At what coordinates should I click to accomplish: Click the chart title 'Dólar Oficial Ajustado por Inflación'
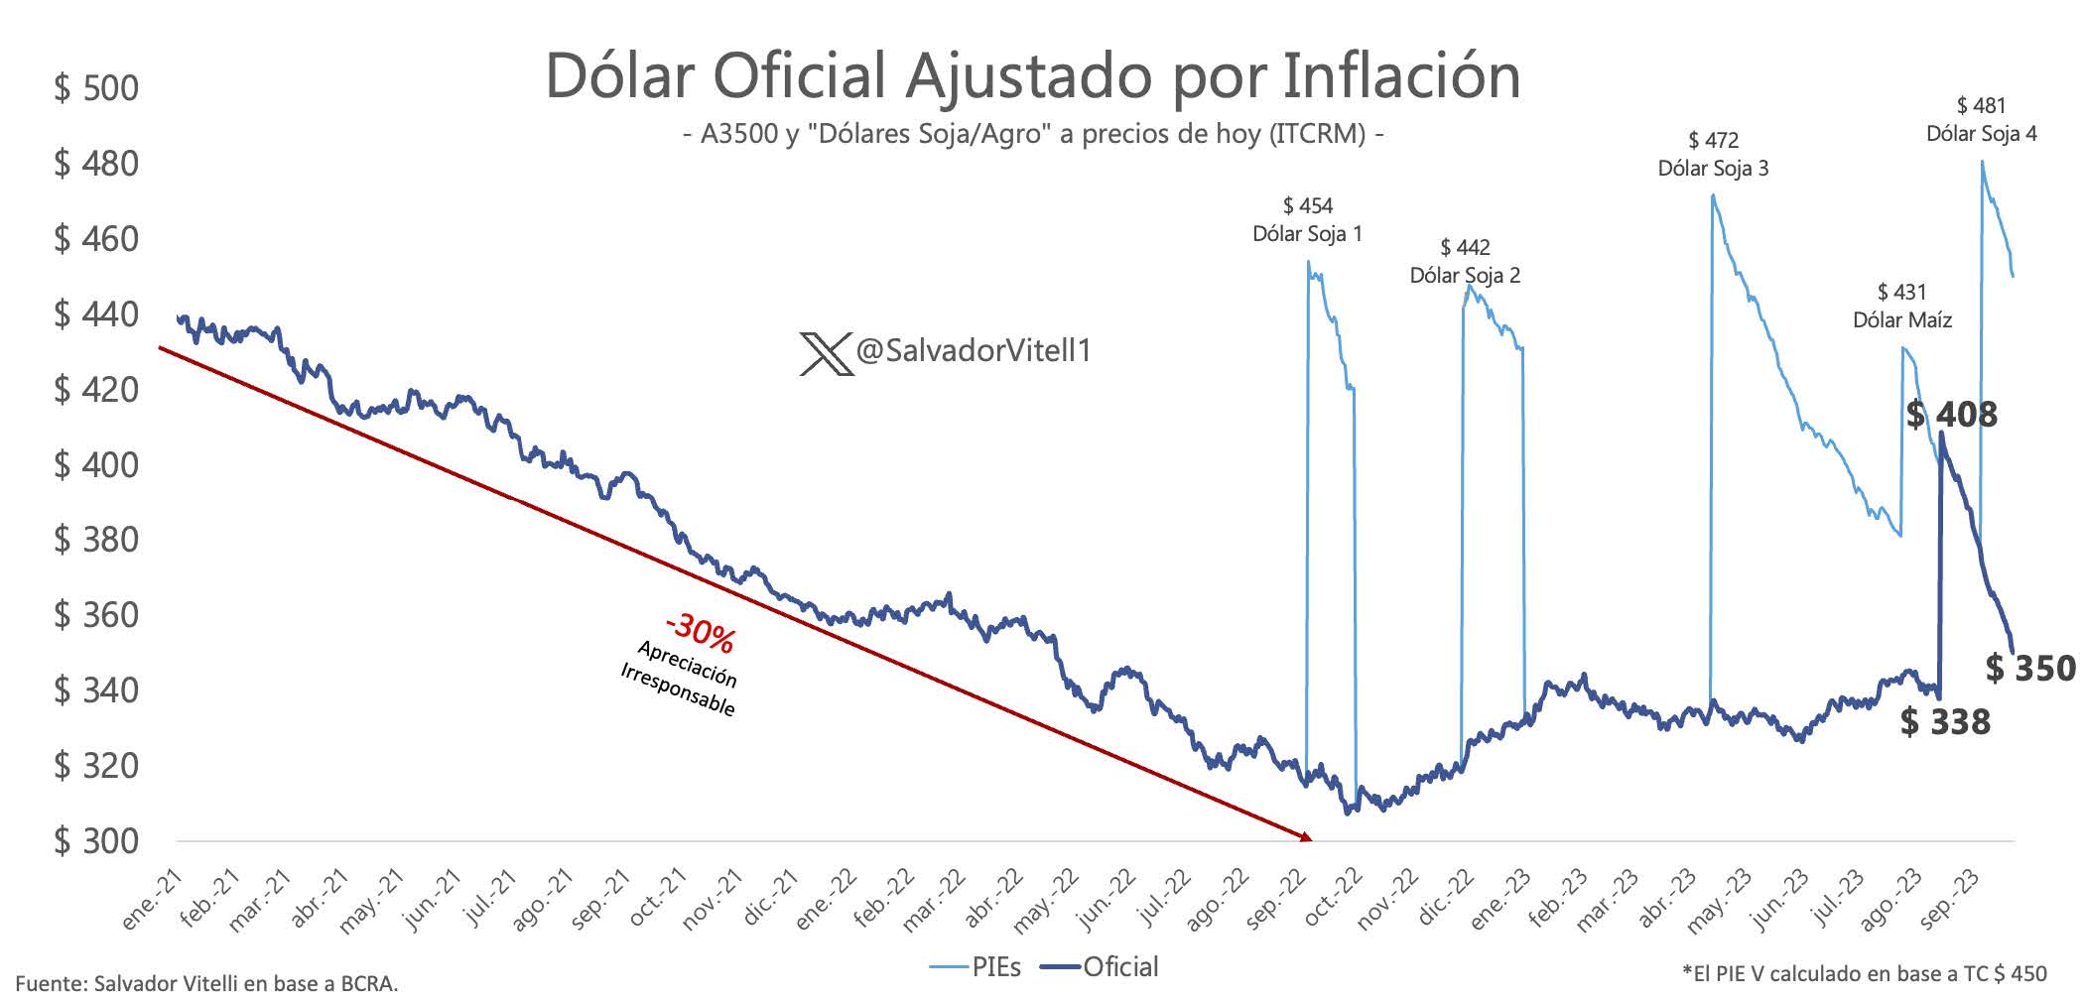(1032, 75)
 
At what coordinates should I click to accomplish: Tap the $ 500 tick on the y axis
(96, 88)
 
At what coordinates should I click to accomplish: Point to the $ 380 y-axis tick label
(96, 540)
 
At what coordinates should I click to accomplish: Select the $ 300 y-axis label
(96, 841)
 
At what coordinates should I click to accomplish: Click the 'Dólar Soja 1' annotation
(1307, 234)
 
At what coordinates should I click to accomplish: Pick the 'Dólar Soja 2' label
(1465, 275)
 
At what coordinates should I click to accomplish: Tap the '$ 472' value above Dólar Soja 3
(1713, 141)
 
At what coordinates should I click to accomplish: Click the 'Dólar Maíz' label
(1902, 320)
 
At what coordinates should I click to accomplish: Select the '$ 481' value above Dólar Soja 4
(1981, 105)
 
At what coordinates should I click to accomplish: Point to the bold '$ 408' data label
(1951, 415)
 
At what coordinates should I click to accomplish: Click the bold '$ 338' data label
(1945, 722)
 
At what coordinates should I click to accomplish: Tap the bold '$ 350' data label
(2029, 669)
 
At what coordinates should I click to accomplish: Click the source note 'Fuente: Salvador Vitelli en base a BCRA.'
(206, 984)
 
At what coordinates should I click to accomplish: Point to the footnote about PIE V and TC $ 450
(1864, 974)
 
